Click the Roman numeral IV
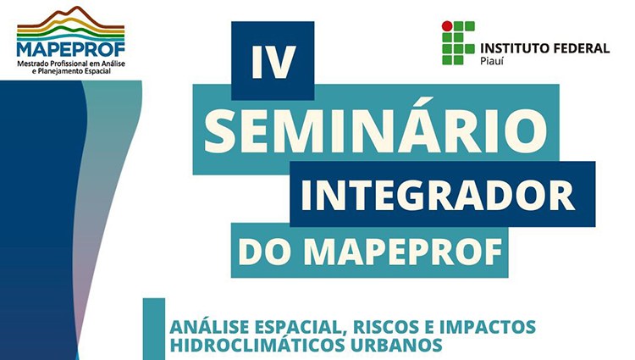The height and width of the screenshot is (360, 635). point(273,62)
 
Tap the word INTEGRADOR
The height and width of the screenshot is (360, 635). point(437,194)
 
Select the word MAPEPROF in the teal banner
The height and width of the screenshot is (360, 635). point(403,252)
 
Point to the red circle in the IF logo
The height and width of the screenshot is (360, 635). point(447,26)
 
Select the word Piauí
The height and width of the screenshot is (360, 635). point(492,62)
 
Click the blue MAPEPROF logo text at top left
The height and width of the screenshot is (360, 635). point(71,49)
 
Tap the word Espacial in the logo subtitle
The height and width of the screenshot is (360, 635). point(97,71)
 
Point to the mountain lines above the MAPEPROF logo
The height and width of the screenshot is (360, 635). point(70,23)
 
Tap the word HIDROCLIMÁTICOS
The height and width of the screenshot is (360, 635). point(257,345)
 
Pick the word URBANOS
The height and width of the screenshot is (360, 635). point(396,345)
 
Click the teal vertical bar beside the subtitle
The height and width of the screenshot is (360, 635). point(154,329)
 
